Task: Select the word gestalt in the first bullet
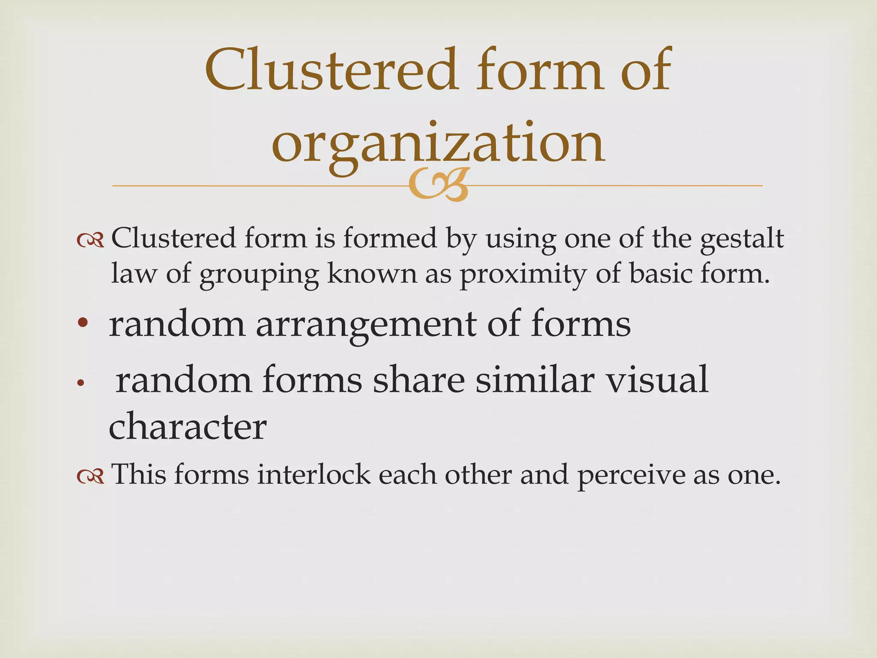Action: [x=742, y=239]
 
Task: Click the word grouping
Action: [x=259, y=274]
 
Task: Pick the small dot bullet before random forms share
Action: [x=79, y=384]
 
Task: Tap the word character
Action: [x=188, y=427]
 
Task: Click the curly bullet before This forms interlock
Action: [x=90, y=476]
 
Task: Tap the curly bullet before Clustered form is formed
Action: [x=90, y=241]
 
